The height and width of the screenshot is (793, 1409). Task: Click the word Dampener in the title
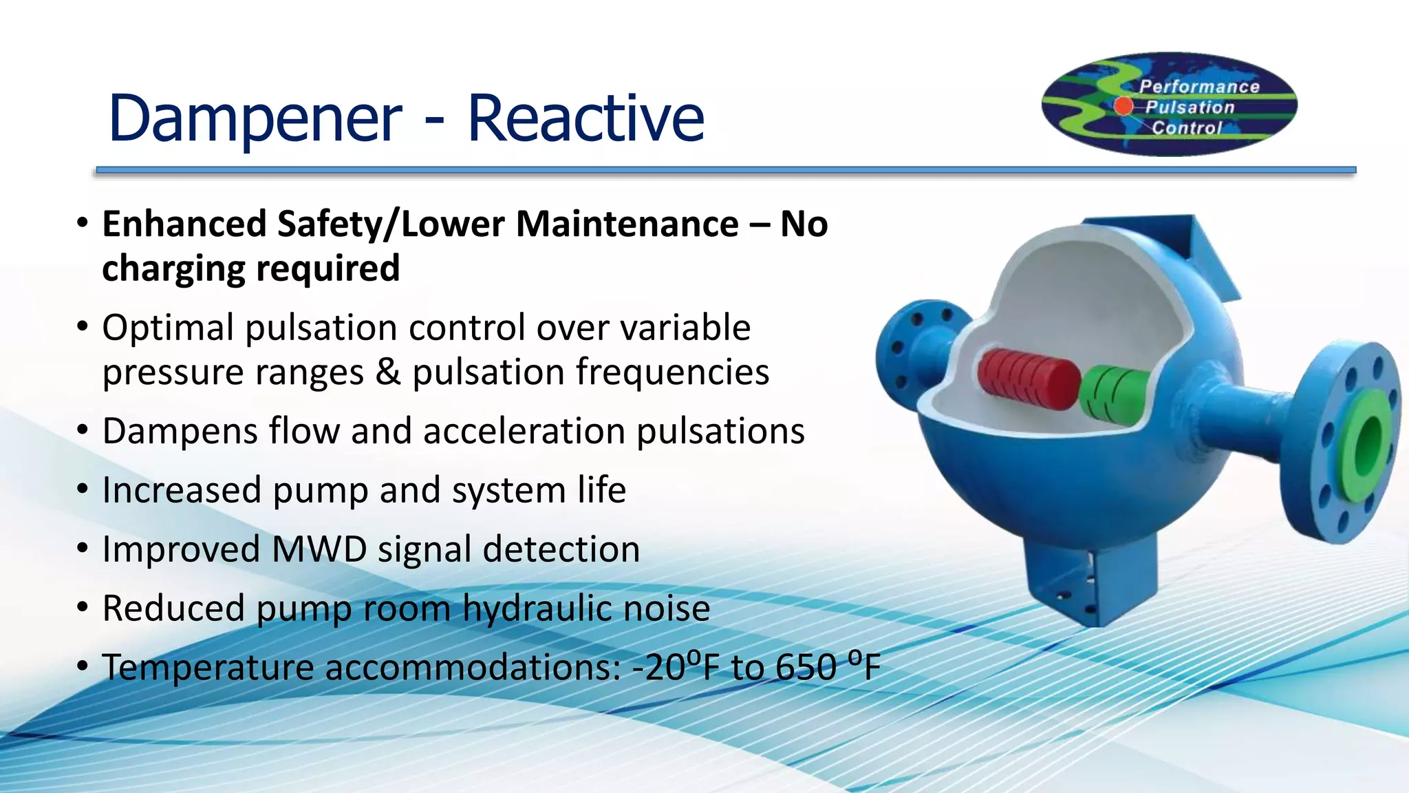pyautogui.click(x=255, y=118)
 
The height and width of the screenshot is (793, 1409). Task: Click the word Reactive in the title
pyautogui.click(x=585, y=118)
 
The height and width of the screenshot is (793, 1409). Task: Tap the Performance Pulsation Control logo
pyautogui.click(x=1169, y=105)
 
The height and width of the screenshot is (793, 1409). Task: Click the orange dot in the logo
pyautogui.click(x=1123, y=105)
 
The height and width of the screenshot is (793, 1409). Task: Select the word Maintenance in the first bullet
pyautogui.click(x=627, y=224)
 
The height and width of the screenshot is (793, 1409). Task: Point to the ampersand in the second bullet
pyautogui.click(x=387, y=372)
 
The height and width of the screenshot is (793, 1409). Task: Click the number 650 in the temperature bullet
pyautogui.click(x=806, y=668)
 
